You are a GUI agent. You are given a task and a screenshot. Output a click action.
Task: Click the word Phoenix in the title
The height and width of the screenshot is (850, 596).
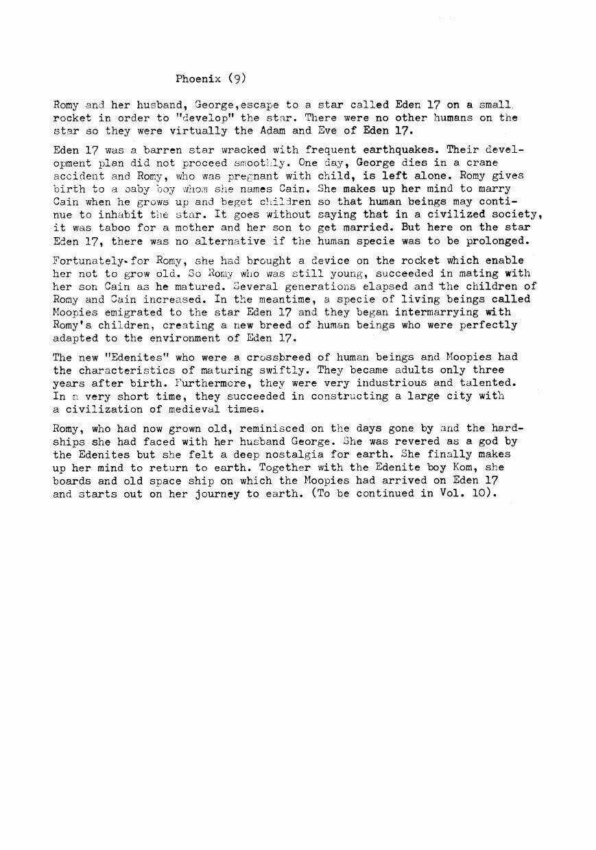pyautogui.click(x=198, y=78)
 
